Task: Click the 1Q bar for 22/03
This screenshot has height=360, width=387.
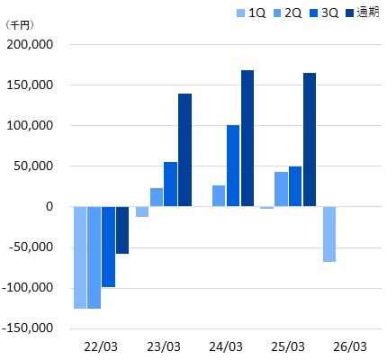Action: [x=80, y=257]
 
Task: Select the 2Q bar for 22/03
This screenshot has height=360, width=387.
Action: [x=94, y=257]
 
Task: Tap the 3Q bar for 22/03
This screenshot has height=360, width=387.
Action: [x=108, y=247]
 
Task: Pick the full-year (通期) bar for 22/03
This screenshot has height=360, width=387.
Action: [x=122, y=230]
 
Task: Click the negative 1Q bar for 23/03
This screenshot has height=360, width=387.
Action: [x=142, y=211]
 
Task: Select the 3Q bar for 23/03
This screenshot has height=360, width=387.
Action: [x=170, y=184]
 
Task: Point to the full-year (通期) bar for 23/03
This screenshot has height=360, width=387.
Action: [x=184, y=150]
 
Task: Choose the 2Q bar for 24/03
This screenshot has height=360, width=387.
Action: [x=219, y=196]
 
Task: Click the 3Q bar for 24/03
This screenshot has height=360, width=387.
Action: [x=233, y=166]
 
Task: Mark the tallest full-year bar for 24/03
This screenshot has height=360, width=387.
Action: [x=247, y=139]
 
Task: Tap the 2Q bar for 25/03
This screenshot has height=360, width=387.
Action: [x=281, y=189]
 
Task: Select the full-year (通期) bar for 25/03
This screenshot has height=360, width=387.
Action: [x=310, y=139]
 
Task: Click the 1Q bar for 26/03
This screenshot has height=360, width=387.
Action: [x=329, y=234]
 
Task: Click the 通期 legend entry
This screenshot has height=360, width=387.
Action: [x=363, y=13]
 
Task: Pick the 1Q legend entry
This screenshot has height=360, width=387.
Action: [x=251, y=13]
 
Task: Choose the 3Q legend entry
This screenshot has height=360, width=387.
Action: [x=324, y=13]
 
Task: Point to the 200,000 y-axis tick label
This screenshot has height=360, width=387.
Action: [x=30, y=45]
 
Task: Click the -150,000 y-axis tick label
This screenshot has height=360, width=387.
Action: [x=28, y=328]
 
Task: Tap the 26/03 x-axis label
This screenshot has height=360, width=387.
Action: [x=350, y=347]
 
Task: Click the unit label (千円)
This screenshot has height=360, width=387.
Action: [x=20, y=25]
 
